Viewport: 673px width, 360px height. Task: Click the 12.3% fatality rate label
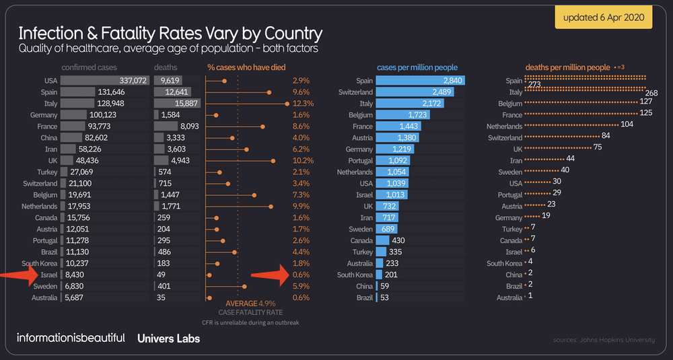click(x=303, y=103)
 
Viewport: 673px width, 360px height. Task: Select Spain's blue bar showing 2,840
click(x=419, y=80)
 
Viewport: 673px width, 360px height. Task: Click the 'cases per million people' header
click(x=417, y=67)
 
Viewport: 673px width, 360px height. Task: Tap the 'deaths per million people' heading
click(x=567, y=67)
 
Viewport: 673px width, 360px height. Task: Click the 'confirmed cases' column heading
click(x=89, y=67)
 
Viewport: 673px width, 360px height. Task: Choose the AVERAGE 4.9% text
click(x=251, y=303)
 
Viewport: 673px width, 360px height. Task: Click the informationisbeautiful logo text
click(x=71, y=338)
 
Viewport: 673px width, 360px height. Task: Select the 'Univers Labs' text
click(x=168, y=338)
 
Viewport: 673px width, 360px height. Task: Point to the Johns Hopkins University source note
click(x=604, y=340)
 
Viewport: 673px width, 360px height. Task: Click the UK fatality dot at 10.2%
click(x=273, y=160)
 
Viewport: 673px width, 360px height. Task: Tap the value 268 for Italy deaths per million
click(x=651, y=92)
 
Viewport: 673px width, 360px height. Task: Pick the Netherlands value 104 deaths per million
click(x=627, y=124)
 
